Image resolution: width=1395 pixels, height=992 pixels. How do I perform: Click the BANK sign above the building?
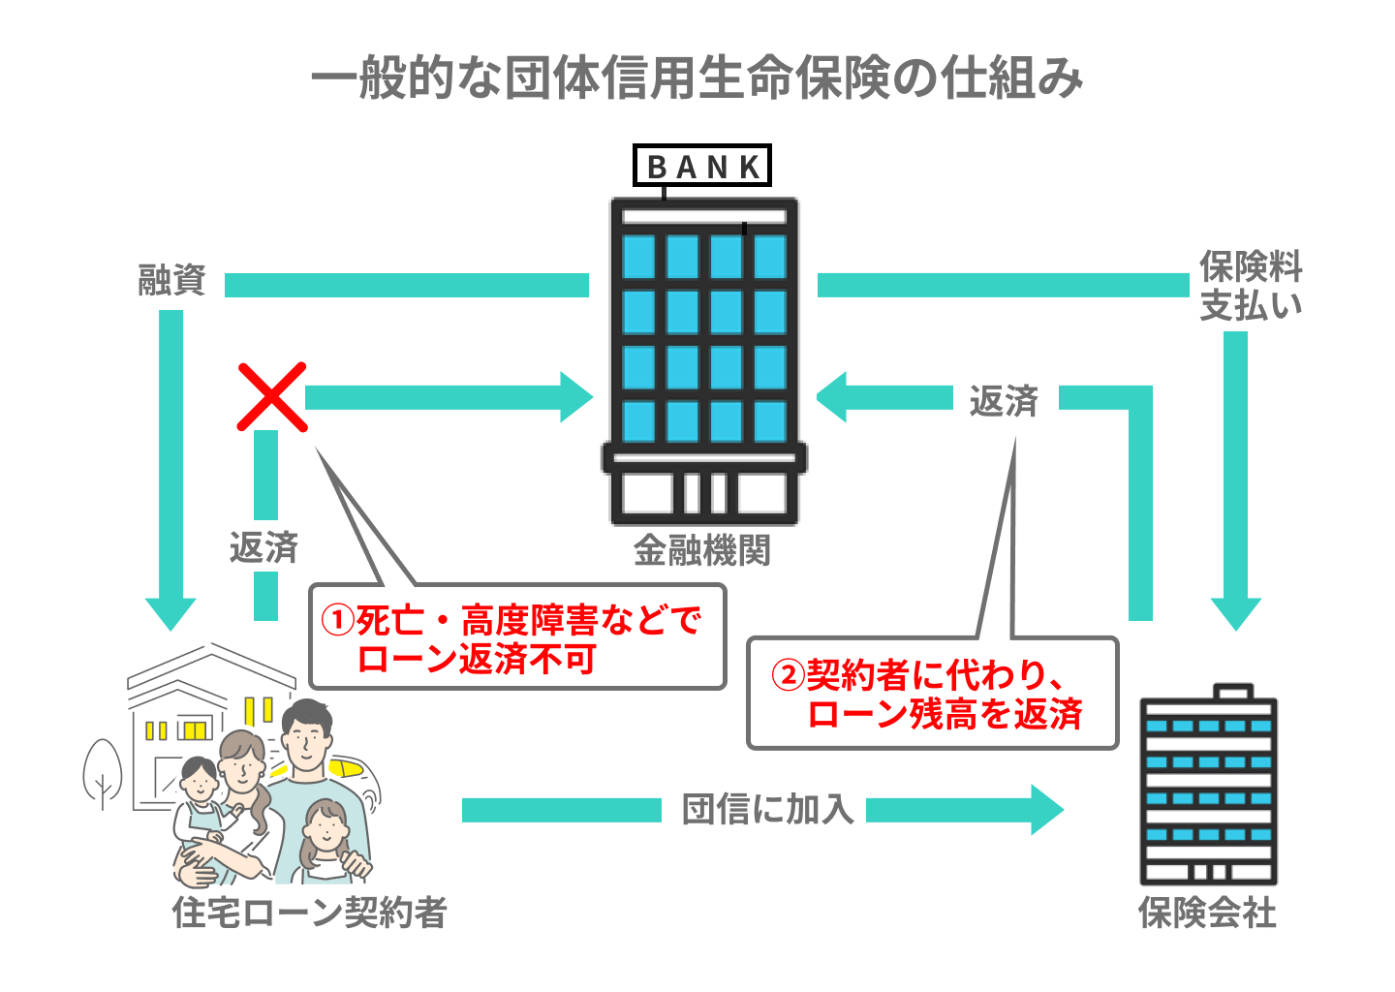click(702, 166)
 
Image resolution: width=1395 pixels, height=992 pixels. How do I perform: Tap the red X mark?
click(272, 396)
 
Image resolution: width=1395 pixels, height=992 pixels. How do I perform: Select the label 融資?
click(171, 281)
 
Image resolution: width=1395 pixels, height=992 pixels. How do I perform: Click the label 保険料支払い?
click(1251, 286)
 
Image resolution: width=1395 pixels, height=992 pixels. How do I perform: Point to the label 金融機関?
click(702, 550)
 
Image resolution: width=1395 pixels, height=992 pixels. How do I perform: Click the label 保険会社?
click(1207, 913)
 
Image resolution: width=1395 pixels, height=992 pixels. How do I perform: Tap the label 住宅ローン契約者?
click(309, 913)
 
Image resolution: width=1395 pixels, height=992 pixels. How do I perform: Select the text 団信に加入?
click(767, 809)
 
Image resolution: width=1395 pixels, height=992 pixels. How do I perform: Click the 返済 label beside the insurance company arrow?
click(1004, 400)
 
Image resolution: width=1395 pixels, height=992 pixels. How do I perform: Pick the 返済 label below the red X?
click(263, 548)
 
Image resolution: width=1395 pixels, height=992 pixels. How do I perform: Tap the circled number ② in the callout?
click(789, 675)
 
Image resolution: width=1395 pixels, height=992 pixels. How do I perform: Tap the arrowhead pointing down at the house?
click(170, 613)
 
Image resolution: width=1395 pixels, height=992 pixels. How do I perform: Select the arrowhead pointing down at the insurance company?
click(1235, 613)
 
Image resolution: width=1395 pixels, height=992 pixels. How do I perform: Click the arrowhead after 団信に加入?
click(1046, 810)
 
